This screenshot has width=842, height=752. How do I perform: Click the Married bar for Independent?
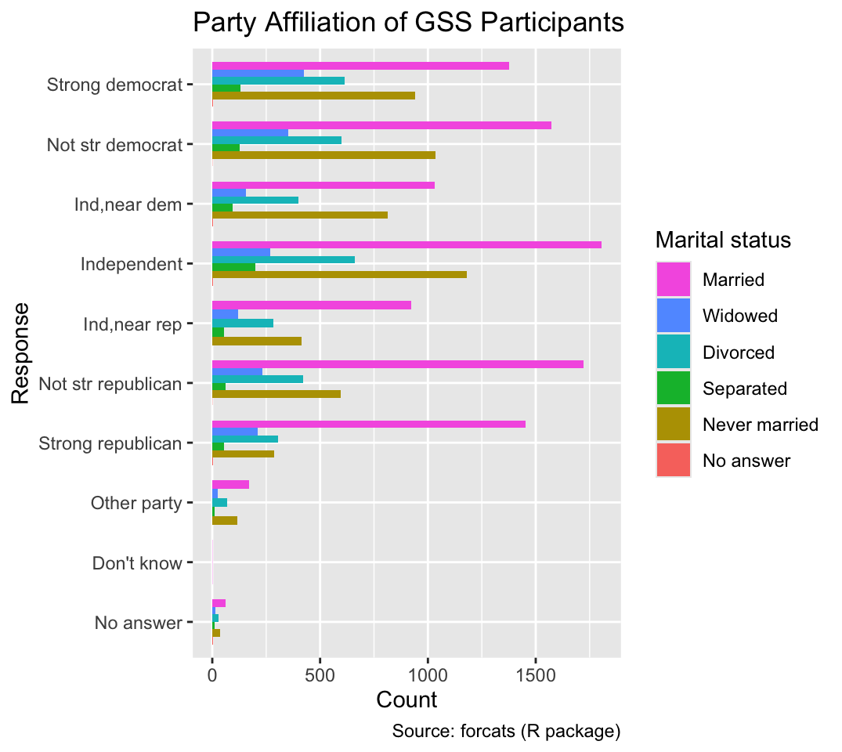[407, 245]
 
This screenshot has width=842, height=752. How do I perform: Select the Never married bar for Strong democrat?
[313, 96]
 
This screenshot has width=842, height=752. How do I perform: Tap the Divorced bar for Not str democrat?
[276, 140]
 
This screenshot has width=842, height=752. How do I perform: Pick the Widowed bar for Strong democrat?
[258, 74]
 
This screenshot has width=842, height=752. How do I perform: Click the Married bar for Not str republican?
[398, 364]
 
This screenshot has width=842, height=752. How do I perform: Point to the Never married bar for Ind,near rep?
[257, 341]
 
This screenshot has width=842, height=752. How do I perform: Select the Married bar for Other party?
[230, 485]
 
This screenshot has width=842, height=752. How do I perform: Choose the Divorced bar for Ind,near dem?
[255, 201]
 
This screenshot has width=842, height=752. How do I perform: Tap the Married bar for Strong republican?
[369, 425]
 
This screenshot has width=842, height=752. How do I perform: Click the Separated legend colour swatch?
[674, 389]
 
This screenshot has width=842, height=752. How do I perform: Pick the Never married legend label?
[761, 425]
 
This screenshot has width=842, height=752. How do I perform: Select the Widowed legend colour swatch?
[674, 316]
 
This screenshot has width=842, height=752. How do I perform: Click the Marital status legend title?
[723, 240]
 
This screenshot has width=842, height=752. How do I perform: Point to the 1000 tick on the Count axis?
[428, 659]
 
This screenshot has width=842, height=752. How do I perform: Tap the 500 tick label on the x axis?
[320, 674]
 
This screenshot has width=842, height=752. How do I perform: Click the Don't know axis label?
[137, 563]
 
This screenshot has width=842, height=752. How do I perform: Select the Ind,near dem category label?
[128, 204]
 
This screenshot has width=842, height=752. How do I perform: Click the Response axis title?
[20, 353]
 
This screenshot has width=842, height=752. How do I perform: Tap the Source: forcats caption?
[507, 731]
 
